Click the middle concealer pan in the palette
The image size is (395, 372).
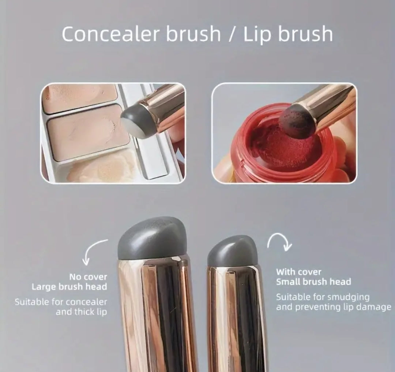pyautogui.click(x=88, y=132)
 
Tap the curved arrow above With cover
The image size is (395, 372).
pyautogui.click(x=280, y=241)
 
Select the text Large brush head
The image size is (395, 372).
pyautogui.click(x=69, y=286)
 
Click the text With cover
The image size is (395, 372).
pyautogui.click(x=299, y=272)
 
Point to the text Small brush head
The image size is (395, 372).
pyautogui.click(x=313, y=282)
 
